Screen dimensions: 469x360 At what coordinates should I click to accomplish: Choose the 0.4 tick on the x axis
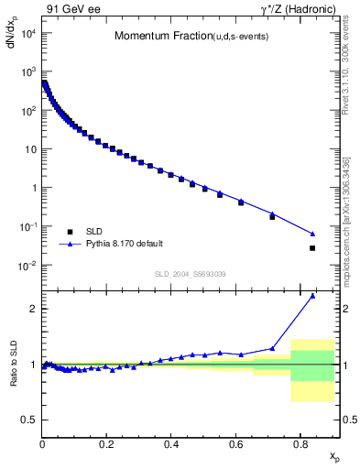171,443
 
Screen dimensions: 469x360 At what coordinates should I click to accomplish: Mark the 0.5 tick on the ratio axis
30,420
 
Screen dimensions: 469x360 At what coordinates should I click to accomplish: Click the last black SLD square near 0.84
312,248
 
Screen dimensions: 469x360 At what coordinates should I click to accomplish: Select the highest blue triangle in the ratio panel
312,296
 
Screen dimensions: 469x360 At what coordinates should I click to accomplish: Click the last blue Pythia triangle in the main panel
312,234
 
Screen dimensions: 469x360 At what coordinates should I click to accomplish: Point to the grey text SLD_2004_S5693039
190,274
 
